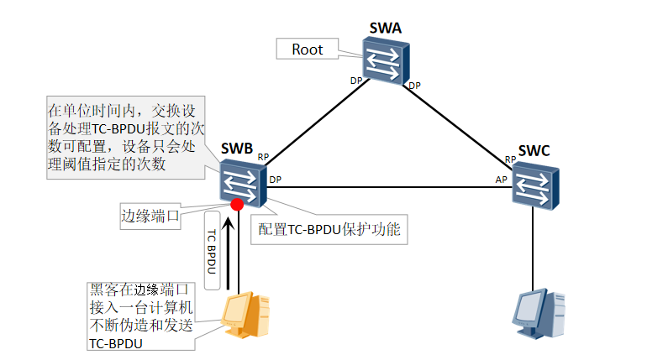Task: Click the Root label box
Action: pos(307,50)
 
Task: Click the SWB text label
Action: pos(237,150)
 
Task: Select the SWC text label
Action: pos(534,151)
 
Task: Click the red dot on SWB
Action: pos(237,205)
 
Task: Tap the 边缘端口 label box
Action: pos(151,216)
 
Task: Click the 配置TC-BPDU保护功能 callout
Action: pos(329,229)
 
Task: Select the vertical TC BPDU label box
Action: pos(212,250)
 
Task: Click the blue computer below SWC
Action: pos(535,318)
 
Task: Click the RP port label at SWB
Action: pos(263,157)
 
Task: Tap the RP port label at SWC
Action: pos(509,159)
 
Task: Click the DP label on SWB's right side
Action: pos(275,179)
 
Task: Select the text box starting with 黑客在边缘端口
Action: pos(140,316)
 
